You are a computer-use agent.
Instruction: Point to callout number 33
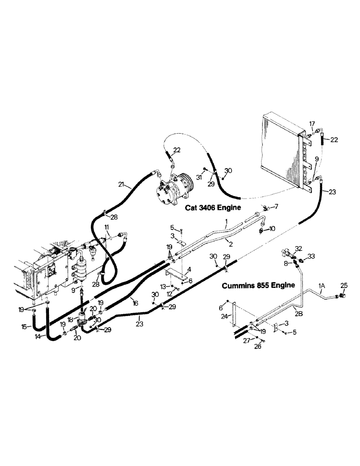tap(311, 256)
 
